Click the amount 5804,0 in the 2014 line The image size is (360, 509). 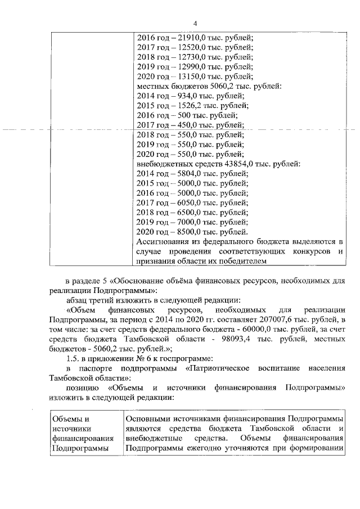pyautogui.click(x=190, y=173)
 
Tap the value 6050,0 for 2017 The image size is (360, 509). pyautogui.click(x=190, y=202)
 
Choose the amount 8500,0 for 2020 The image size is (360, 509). pyautogui.click(x=190, y=231)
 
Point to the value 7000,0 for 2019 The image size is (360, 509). pyautogui.click(x=190, y=222)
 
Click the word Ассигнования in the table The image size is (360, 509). pyautogui.click(x=164, y=241)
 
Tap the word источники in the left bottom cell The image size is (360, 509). pyautogui.click(x=69, y=429)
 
